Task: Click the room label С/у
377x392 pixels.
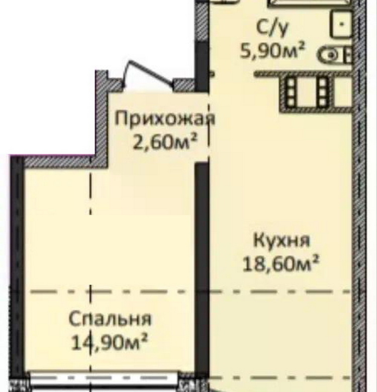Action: click(272, 29)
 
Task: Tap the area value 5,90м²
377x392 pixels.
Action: click(273, 50)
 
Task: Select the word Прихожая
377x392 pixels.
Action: click(165, 119)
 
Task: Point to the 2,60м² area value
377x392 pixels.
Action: click(165, 142)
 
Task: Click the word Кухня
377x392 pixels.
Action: click(281, 241)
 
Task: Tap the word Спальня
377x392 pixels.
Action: click(110, 319)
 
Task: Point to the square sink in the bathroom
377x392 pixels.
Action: click(341, 24)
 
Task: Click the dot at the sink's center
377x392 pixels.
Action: click(342, 24)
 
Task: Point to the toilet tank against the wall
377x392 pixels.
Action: click(349, 55)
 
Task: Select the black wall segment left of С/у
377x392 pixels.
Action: click(202, 66)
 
